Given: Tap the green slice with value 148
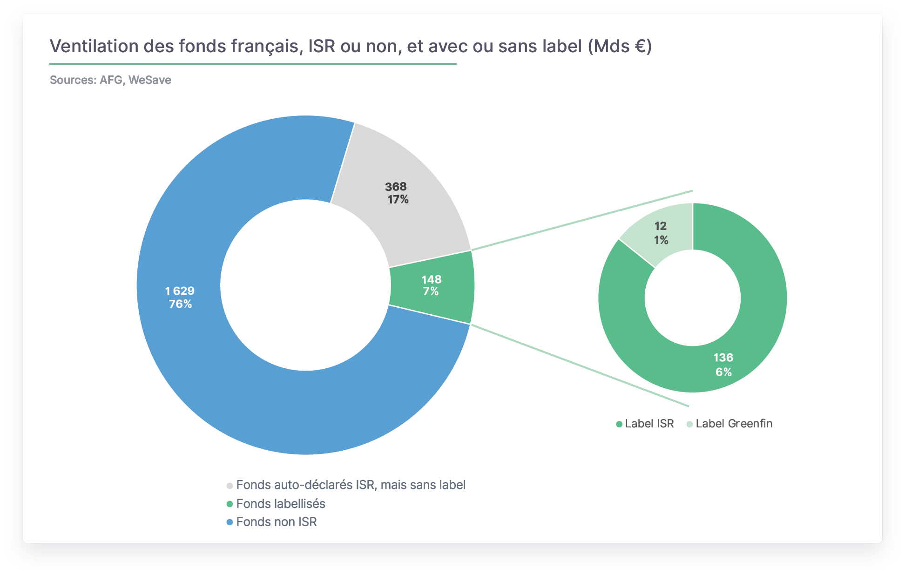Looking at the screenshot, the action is pyautogui.click(x=432, y=285).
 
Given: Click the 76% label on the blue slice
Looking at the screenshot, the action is pyautogui.click(x=180, y=304).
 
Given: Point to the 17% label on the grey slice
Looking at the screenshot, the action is pyautogui.click(x=398, y=200).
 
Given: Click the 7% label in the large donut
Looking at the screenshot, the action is pyautogui.click(x=431, y=291).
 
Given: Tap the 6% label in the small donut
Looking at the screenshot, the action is pyautogui.click(x=723, y=372).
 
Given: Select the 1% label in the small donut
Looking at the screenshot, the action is pyautogui.click(x=661, y=240).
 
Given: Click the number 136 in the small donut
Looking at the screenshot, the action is pyautogui.click(x=723, y=358).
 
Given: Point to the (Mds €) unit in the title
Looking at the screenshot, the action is pyautogui.click(x=620, y=47).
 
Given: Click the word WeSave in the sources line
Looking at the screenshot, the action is pyautogui.click(x=150, y=80).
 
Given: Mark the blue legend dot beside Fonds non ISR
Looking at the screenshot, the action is pyautogui.click(x=230, y=522).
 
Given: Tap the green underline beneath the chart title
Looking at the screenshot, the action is pyautogui.click(x=253, y=64).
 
